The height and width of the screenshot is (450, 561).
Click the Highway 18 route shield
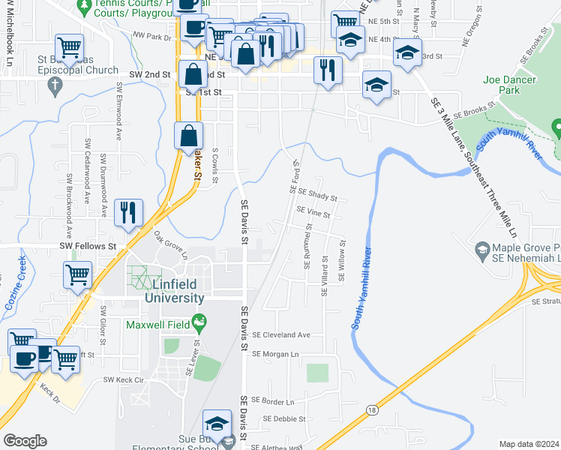(372, 409)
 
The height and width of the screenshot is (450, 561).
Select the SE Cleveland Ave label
(281, 335)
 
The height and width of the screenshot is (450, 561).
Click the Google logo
(25, 441)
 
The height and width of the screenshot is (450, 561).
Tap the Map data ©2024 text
(529, 444)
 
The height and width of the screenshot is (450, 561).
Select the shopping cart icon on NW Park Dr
(69, 47)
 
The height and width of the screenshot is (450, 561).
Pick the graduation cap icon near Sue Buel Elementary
(217, 423)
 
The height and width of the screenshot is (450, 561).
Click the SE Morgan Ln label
(275, 354)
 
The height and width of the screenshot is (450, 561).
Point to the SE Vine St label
(313, 214)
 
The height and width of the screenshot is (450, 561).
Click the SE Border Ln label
(274, 402)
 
